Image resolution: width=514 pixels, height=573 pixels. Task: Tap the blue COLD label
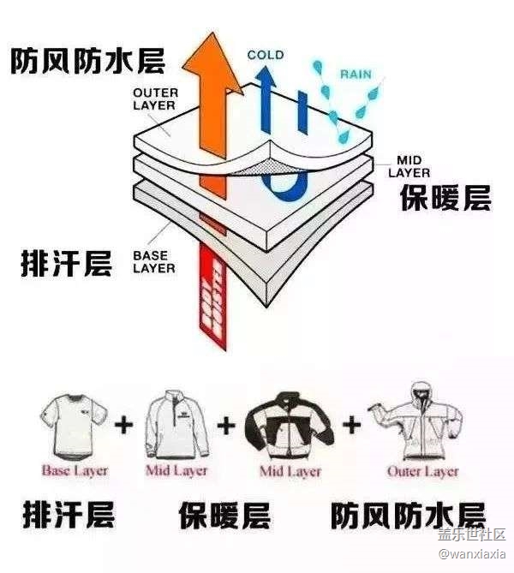coord(266,56)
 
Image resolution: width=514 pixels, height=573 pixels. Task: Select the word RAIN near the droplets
coord(356,74)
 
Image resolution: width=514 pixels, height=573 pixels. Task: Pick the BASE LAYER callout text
coord(154,261)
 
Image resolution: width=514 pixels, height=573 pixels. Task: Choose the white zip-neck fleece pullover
coord(177,424)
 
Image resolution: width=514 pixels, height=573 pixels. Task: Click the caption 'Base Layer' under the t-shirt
coord(75,470)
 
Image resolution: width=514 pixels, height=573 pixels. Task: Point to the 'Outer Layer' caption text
coord(422,470)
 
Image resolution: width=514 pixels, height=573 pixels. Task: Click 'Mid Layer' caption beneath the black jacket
coord(290,470)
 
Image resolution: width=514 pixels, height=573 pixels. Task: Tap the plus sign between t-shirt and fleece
coord(126,424)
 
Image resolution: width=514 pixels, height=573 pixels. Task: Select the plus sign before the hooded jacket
coord(351,423)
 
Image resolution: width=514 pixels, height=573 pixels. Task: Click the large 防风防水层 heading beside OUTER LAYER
coord(87,60)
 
